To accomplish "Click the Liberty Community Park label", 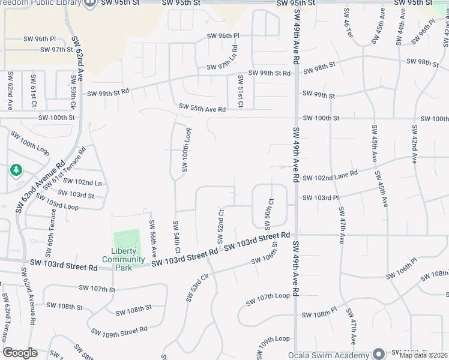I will click(124, 259).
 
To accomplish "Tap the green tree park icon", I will click(16, 171).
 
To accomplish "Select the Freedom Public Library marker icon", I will click(90, 4).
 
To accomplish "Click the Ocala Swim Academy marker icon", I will click(378, 353).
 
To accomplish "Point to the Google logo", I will click(20, 353).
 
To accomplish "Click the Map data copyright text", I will click(424, 355).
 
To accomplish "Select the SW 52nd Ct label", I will click(221, 226).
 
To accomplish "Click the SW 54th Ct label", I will click(177, 237).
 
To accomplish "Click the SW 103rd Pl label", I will click(321, 197).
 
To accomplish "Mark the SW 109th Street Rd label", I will click(119, 331).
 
